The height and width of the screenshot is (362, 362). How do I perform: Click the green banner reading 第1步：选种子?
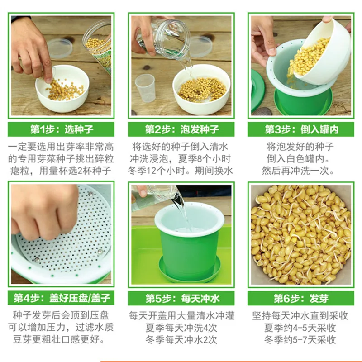[61, 129]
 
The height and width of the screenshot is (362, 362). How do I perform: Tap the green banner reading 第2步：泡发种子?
[181, 129]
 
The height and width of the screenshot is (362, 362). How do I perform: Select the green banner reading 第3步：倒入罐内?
[301, 129]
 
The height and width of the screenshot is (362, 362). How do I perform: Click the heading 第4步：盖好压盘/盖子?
[62, 298]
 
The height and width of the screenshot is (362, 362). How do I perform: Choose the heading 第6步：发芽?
[301, 298]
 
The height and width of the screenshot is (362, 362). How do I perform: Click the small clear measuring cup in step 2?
[145, 88]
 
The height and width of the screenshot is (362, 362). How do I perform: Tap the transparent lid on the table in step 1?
[60, 48]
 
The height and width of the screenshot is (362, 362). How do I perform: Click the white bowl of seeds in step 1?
[62, 89]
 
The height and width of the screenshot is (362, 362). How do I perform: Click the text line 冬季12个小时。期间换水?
[180, 171]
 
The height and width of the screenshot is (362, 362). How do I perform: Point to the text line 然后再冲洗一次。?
[298, 171]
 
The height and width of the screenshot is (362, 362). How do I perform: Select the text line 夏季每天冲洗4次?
[181, 328]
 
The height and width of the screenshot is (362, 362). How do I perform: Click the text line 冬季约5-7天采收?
[300, 340]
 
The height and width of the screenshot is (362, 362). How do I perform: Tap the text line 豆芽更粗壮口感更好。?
[60, 340]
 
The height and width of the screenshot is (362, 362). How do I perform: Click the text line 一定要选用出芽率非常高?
[61, 147]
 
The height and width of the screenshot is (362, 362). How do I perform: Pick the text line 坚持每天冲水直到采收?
[300, 316]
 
